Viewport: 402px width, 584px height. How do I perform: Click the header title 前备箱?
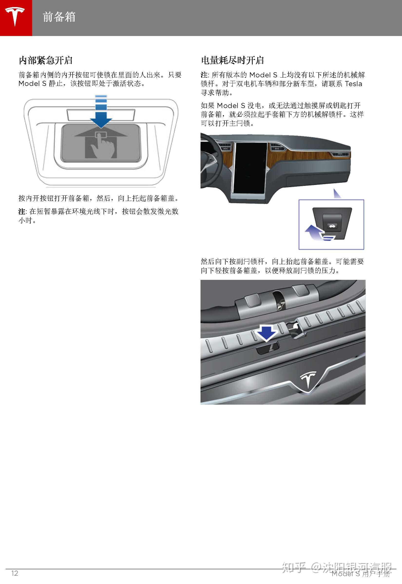click(x=59, y=17)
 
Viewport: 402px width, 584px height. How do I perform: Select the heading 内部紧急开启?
click(x=46, y=60)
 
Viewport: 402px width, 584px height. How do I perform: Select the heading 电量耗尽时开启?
click(x=232, y=60)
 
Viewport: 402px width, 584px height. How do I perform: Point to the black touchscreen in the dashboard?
click(x=249, y=167)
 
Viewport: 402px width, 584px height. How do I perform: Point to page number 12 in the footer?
click(x=15, y=573)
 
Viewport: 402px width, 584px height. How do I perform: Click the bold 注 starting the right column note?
click(x=204, y=75)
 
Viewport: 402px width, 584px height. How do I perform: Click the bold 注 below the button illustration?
click(x=22, y=211)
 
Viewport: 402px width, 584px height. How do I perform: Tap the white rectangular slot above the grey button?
click(x=101, y=114)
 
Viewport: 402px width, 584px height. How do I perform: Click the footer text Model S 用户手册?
click(x=361, y=574)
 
